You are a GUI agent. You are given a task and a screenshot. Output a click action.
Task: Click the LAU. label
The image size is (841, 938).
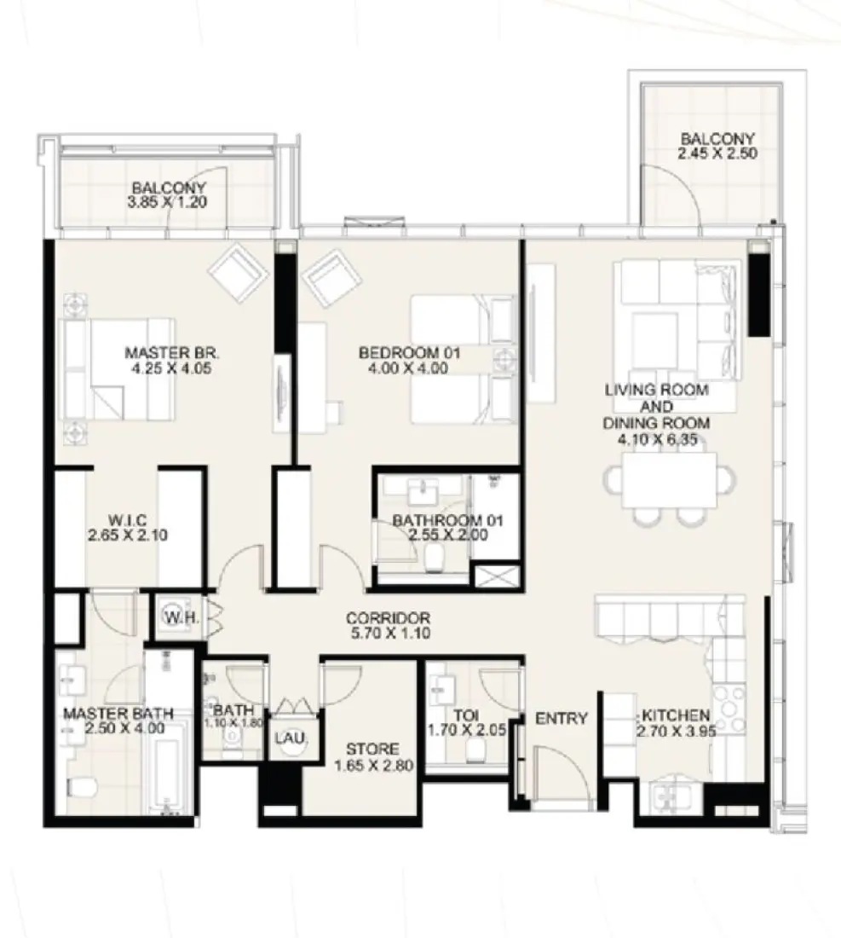pos(284,737)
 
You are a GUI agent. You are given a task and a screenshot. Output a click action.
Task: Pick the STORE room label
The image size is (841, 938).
pos(372,750)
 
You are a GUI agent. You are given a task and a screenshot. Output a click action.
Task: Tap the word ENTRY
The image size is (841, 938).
pos(561,719)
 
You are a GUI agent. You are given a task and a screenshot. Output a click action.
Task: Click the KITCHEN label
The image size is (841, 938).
pos(676,715)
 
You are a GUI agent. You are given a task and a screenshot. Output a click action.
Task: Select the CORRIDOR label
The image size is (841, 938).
pos(388,618)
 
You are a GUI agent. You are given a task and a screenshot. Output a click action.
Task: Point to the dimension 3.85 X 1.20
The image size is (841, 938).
pos(168,203)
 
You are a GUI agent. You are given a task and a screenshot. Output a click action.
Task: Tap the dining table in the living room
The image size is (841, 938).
pos(670,480)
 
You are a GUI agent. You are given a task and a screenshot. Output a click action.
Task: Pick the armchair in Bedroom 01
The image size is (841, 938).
pos(332,277)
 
